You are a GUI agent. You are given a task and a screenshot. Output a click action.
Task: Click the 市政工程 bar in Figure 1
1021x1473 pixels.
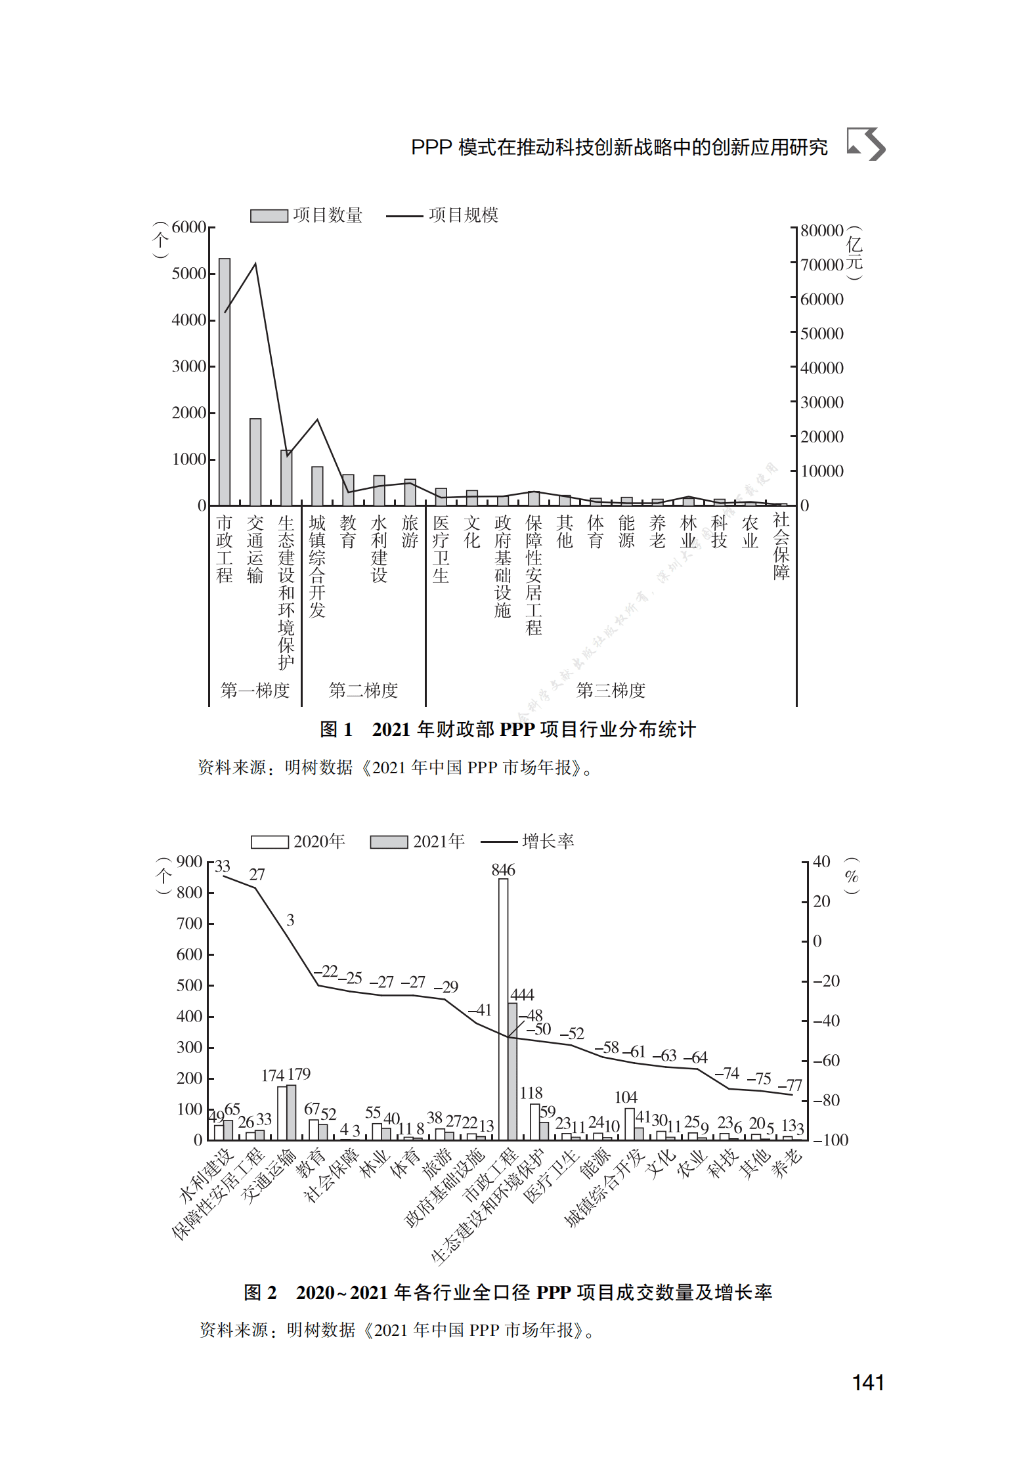(225, 381)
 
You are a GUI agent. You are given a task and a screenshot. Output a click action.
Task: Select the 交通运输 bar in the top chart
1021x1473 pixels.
(255, 461)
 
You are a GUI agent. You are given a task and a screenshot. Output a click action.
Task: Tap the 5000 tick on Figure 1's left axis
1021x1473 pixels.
(189, 274)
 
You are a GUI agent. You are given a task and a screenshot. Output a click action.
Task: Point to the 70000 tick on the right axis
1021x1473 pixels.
(821, 265)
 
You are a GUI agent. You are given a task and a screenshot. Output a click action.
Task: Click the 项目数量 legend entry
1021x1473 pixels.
(307, 215)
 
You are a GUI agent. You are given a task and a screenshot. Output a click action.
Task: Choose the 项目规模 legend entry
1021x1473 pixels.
(443, 215)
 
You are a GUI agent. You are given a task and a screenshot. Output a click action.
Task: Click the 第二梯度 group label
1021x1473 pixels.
(363, 691)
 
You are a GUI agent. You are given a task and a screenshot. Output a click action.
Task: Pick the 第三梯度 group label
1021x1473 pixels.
(611, 691)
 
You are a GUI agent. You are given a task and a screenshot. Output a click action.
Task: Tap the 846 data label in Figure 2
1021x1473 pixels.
(503, 870)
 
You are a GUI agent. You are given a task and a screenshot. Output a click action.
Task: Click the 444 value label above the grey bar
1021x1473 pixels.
(522, 994)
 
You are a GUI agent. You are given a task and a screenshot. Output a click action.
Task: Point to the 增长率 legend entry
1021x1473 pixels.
(528, 842)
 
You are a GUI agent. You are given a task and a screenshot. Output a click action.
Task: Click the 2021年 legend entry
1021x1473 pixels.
(418, 842)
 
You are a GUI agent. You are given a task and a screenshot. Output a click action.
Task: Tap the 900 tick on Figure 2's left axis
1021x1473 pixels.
(189, 862)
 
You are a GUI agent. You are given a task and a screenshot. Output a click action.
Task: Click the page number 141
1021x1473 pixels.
(867, 1383)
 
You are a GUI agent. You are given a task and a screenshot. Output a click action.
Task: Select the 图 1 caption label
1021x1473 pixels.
(336, 729)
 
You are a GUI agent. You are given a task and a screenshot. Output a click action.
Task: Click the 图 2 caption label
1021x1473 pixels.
(260, 1292)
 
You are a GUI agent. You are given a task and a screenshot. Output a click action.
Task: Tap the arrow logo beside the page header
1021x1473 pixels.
(866, 144)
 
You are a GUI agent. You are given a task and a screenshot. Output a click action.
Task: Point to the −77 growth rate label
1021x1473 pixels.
(790, 1085)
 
